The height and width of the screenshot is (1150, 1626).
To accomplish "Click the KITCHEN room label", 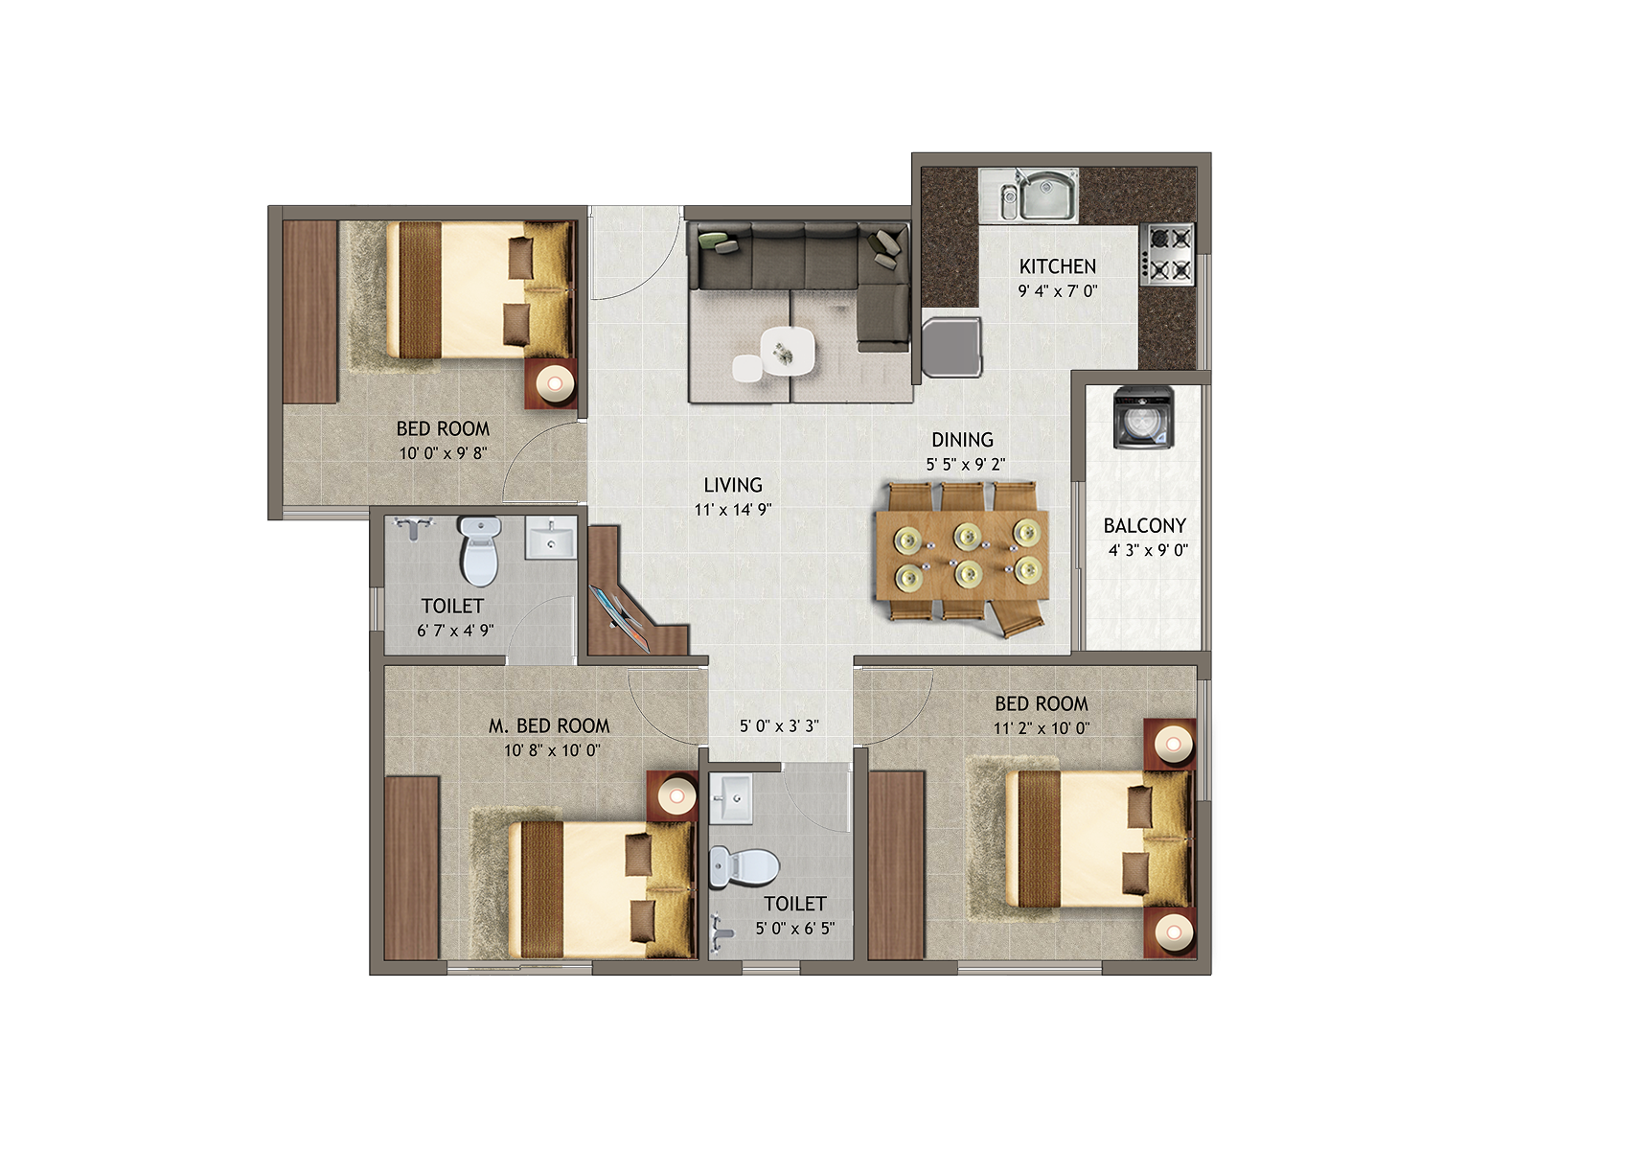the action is coord(1057,266).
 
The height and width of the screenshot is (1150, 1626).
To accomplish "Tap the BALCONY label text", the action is coord(1144,525).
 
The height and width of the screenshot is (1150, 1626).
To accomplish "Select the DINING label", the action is coord(963,440).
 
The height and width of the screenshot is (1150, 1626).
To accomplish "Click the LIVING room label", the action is coord(733,485).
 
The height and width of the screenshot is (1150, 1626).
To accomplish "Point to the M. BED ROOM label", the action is coord(549,726).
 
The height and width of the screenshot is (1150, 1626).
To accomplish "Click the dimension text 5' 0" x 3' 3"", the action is coord(779,726).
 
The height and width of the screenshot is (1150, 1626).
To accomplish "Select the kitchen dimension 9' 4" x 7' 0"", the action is coord(1058,292).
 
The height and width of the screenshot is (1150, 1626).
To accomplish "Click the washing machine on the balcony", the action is coord(1144,417).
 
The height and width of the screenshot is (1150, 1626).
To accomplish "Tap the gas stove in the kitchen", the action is coord(1167,253).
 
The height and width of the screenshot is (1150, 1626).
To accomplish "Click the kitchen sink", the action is coord(1029,195).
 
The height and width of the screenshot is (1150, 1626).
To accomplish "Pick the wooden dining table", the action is coord(963,556).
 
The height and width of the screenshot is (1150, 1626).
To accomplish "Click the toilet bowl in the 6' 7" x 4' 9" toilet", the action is coord(480,550).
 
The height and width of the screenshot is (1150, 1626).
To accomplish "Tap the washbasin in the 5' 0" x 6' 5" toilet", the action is coord(731,798).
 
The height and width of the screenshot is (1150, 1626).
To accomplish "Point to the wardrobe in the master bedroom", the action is coord(412,867).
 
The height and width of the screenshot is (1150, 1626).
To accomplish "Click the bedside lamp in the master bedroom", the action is coord(676,796).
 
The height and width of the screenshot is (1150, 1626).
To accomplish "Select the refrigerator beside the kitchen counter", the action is coord(951,347).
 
